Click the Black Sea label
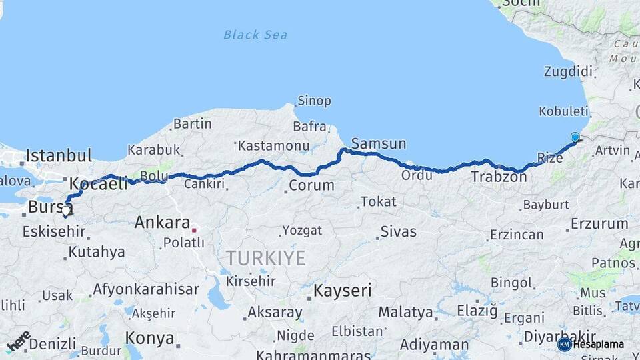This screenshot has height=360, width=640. point(255,35)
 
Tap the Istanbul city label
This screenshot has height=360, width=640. point(59,157)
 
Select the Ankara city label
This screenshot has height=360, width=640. point(162,223)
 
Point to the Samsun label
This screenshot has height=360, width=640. point(378,143)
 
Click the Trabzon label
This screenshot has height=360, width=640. point(494,177)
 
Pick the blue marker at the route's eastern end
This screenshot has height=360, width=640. point(575,137)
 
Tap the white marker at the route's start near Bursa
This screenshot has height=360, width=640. point(65,213)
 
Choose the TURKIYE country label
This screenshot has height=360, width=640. point(265,258)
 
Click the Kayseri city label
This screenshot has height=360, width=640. point(343,291)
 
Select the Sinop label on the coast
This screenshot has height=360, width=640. point(313,101)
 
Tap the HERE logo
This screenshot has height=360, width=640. point(18,340)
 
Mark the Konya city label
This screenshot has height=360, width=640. point(149,337)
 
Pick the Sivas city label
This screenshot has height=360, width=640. point(398,232)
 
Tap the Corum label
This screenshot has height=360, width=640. point(311,185)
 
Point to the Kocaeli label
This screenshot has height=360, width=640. point(98,184)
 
